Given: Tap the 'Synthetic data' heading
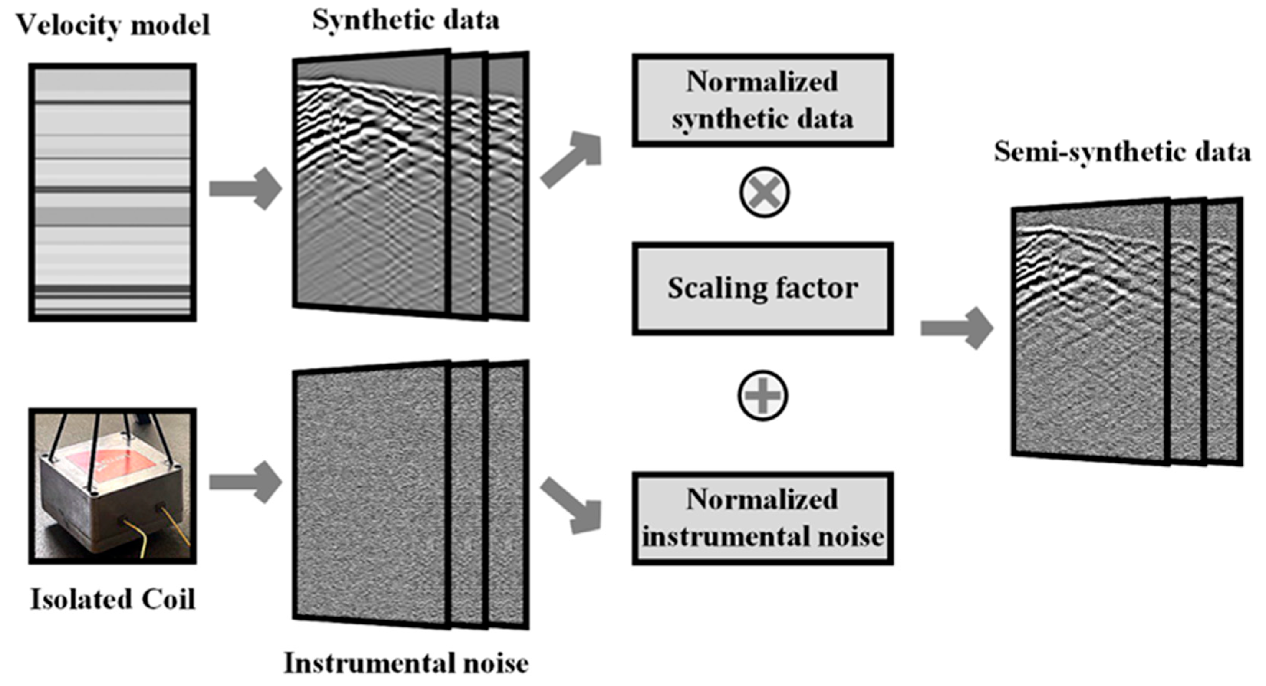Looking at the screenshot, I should tap(406, 21).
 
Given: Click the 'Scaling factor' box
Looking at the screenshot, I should tap(762, 289).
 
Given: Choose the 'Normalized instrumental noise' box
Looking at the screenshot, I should tap(762, 519).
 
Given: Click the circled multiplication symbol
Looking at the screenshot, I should tap(764, 192).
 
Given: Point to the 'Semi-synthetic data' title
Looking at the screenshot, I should tap(1122, 152).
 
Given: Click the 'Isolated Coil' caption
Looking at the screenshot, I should tap(113, 599).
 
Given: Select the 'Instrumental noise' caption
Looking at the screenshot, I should tap(406, 663).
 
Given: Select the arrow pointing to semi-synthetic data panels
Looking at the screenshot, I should tap(956, 328).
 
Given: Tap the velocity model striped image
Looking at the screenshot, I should tap(112, 192).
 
